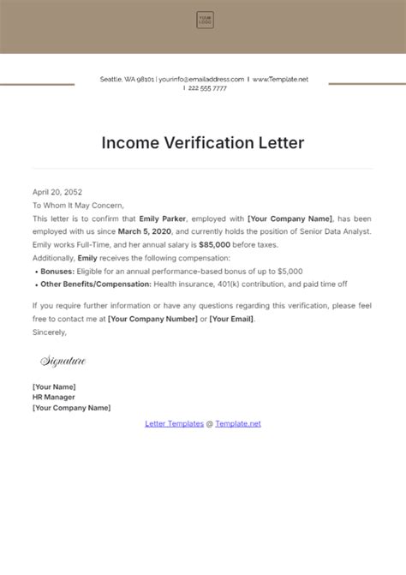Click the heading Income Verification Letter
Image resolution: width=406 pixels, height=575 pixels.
(x=203, y=142)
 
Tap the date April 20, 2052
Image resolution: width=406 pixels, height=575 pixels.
(x=57, y=193)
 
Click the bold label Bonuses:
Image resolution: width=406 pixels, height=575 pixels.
(x=57, y=270)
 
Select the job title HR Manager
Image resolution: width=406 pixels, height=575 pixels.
(x=53, y=397)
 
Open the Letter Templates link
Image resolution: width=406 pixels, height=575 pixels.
(x=175, y=423)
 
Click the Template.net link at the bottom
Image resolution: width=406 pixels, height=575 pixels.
(x=238, y=423)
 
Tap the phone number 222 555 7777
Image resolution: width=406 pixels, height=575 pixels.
(x=208, y=88)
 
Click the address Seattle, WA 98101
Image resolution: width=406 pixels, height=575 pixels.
(x=127, y=79)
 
